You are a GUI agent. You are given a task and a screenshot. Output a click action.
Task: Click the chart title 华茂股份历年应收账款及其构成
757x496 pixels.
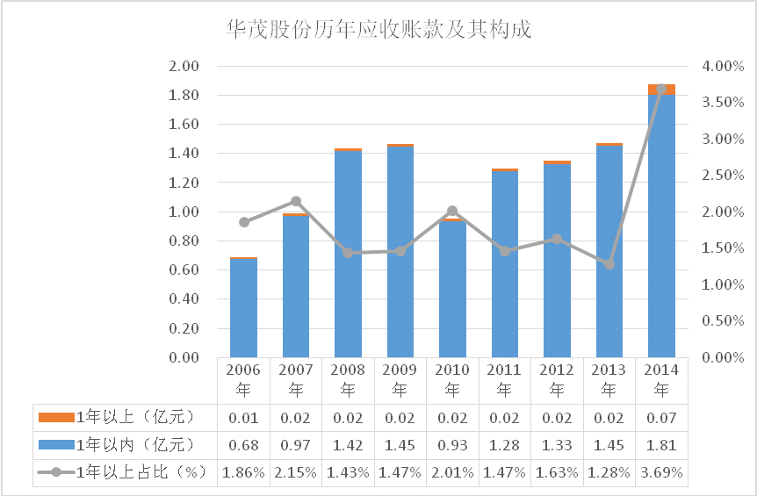(x=378, y=30)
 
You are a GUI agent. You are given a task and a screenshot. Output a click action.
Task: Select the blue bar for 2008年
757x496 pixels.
(x=348, y=255)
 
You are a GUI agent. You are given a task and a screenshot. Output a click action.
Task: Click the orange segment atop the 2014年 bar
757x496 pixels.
(x=661, y=89)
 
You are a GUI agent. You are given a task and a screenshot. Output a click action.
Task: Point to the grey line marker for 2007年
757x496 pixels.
(x=296, y=201)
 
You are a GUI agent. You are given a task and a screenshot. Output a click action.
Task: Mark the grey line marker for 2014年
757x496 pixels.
(x=661, y=89)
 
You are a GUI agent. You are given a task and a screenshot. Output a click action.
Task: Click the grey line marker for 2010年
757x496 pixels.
(x=452, y=211)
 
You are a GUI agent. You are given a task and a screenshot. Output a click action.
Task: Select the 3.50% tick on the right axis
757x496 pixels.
(x=725, y=103)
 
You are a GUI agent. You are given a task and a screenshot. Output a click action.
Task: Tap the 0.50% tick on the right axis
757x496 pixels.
(x=725, y=321)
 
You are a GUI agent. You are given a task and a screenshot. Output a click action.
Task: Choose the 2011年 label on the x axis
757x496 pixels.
(x=504, y=379)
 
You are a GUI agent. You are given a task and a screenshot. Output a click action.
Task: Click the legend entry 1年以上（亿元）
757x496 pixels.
(x=123, y=415)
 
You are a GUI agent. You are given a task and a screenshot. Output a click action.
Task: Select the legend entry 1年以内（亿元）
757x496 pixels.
(x=123, y=444)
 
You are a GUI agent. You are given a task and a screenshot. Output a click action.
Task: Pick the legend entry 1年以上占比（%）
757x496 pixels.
(x=123, y=472)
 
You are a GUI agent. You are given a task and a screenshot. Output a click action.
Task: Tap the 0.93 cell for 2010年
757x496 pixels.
(x=452, y=444)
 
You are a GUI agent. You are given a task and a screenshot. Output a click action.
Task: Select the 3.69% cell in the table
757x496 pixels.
(x=661, y=472)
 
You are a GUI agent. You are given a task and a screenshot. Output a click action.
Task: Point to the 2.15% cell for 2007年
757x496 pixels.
(x=296, y=472)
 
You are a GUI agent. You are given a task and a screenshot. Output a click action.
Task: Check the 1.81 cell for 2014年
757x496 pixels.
(x=661, y=444)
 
